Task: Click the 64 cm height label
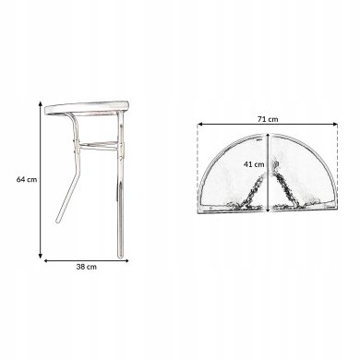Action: pyautogui.click(x=27, y=179)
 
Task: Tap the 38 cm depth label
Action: pyautogui.click(x=87, y=267)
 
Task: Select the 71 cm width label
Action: pyautogui.click(x=268, y=119)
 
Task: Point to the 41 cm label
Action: pyautogui.click(x=254, y=164)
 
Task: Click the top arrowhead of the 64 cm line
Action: pyautogui.click(x=41, y=103)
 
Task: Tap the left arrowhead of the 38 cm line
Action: pyautogui.click(x=46, y=261)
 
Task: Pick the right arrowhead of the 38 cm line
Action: pyautogui.click(x=126, y=261)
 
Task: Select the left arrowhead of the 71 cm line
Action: pyautogui.click(x=199, y=125)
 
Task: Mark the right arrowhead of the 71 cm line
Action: pyautogui.click(x=335, y=125)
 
